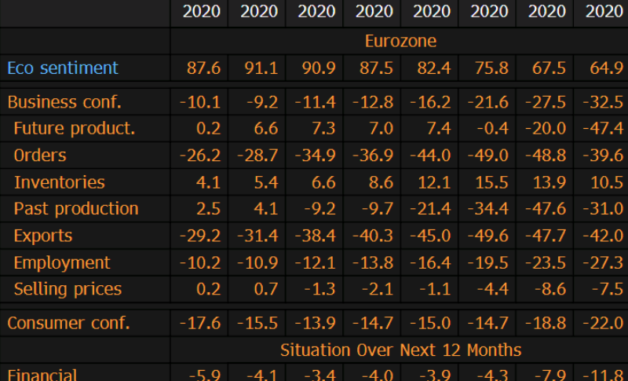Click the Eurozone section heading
click(400, 40)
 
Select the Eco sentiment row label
click(63, 68)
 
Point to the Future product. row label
click(75, 129)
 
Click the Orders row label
click(40, 156)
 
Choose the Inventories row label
click(59, 182)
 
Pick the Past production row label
click(76, 209)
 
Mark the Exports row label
click(43, 236)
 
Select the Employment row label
click(62, 262)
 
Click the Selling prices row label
click(68, 289)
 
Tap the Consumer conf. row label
click(68, 322)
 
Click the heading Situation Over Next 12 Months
click(400, 350)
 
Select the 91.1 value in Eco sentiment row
click(259, 68)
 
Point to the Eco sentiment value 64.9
click(606, 68)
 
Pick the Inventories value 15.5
click(491, 182)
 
